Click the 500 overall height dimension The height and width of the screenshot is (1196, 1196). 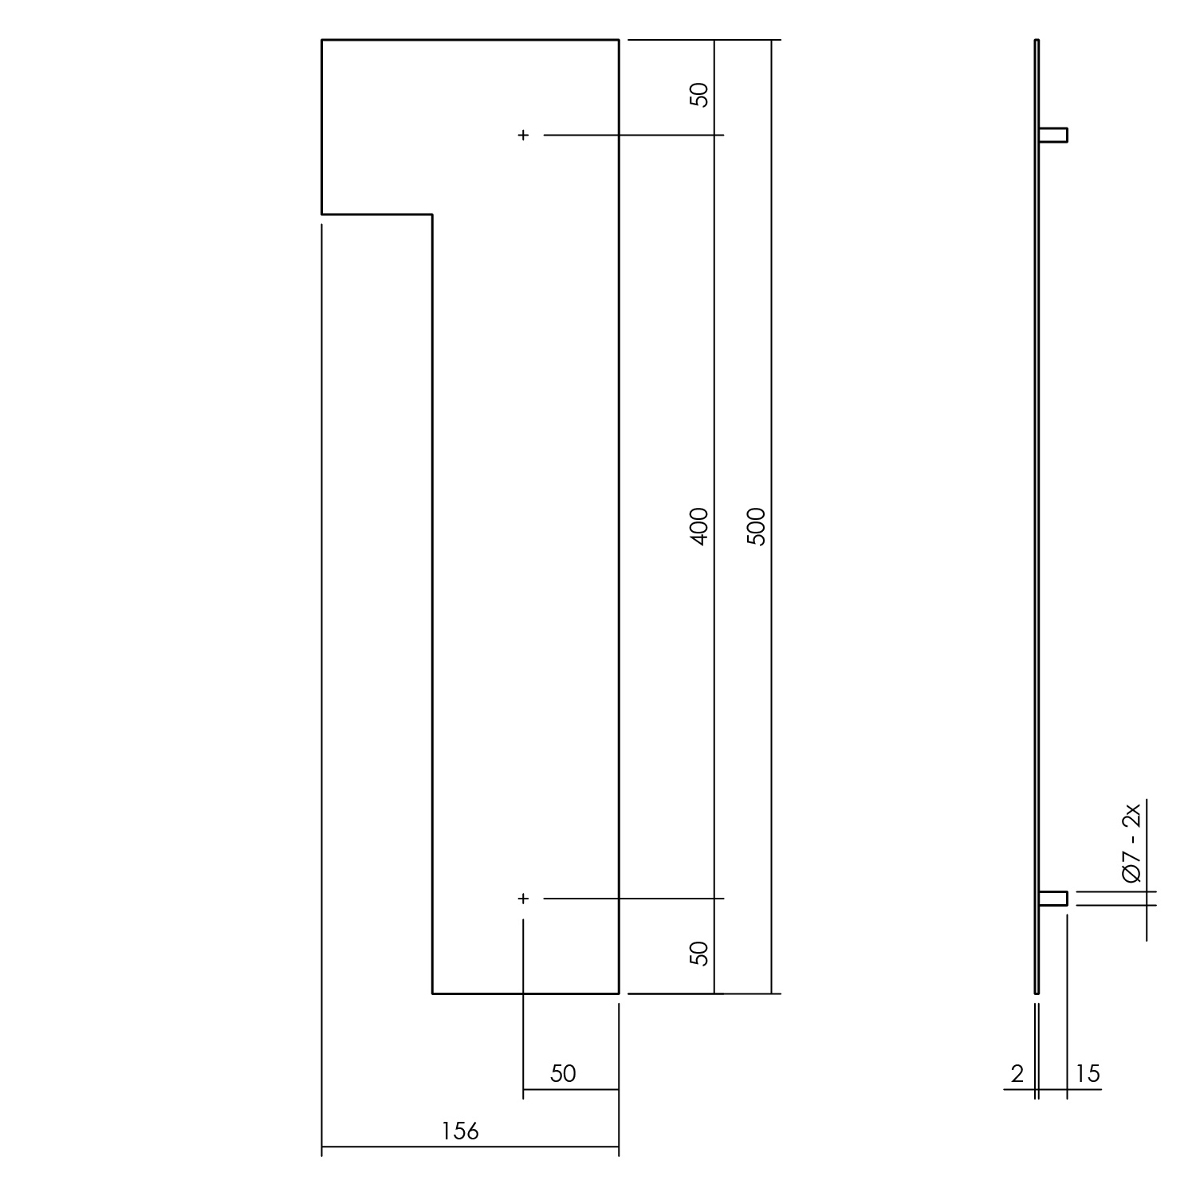click(757, 526)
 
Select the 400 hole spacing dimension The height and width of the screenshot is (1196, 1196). click(698, 526)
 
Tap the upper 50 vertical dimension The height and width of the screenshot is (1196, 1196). click(698, 95)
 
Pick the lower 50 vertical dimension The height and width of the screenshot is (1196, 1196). click(698, 953)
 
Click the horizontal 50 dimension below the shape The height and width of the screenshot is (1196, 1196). click(563, 1073)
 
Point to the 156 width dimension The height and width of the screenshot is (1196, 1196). click(460, 1131)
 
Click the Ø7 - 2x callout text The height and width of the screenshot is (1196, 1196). click(1131, 844)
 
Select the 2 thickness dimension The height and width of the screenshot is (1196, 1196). click(1017, 1074)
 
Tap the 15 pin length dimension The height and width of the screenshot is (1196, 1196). click(1087, 1074)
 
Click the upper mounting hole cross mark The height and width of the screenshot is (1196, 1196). click(523, 136)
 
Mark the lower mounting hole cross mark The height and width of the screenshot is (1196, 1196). click(523, 899)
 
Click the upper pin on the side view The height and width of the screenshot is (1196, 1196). click(1053, 135)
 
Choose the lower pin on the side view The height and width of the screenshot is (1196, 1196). click(1053, 899)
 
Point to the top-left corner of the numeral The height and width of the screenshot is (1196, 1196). click(322, 39)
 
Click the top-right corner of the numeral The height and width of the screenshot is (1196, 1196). click(619, 39)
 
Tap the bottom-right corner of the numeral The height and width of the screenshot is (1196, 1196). click(619, 993)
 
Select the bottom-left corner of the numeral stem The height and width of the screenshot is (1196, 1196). click(432, 993)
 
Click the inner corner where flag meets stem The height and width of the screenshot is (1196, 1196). click(432, 214)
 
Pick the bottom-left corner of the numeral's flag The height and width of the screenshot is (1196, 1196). click(322, 214)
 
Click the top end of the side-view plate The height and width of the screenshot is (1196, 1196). click(1037, 40)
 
